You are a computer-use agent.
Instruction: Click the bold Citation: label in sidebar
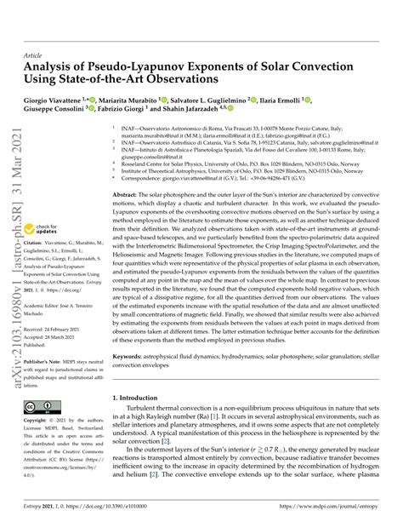(x=35, y=243)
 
